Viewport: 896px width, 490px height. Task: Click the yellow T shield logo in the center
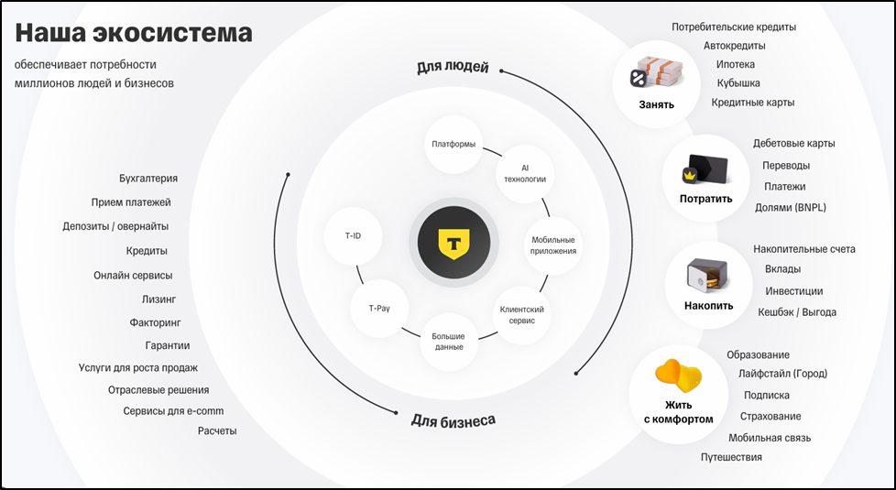pyautogui.click(x=453, y=244)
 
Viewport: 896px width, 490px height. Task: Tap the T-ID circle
pyautogui.click(x=353, y=236)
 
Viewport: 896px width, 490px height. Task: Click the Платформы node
pyautogui.click(x=453, y=145)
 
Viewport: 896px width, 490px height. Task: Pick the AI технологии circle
pyautogui.click(x=525, y=173)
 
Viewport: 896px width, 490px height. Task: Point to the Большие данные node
pyautogui.click(x=449, y=341)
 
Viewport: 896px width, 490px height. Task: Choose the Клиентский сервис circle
pyautogui.click(x=522, y=315)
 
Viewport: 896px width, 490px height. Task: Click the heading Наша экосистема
pyautogui.click(x=133, y=35)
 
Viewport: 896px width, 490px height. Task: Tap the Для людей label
pyautogui.click(x=453, y=67)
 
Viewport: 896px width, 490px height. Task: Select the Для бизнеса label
pyautogui.click(x=453, y=420)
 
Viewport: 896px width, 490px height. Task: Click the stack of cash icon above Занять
pyautogui.click(x=656, y=73)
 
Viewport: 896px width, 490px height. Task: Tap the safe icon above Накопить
pyautogui.click(x=708, y=272)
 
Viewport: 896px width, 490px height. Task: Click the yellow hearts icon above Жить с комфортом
pyautogui.click(x=678, y=375)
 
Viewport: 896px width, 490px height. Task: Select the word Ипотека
pyautogui.click(x=735, y=65)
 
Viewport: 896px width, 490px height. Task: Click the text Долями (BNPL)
pyautogui.click(x=790, y=208)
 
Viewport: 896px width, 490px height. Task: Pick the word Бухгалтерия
pyautogui.click(x=148, y=179)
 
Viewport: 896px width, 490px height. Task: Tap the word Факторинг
pyautogui.click(x=156, y=322)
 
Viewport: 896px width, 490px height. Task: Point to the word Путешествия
pyautogui.click(x=731, y=457)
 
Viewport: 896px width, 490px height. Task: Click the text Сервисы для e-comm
pyautogui.click(x=173, y=411)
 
